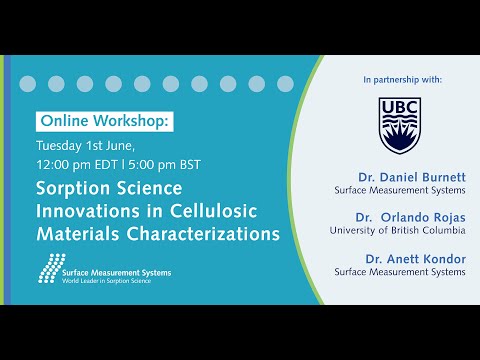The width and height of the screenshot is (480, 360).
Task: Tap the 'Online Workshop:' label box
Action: click(104, 121)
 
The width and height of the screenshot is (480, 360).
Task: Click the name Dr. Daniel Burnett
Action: click(415, 176)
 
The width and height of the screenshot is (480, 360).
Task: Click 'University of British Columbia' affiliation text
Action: click(397, 230)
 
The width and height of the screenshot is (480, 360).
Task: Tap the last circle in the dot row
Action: click(285, 84)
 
